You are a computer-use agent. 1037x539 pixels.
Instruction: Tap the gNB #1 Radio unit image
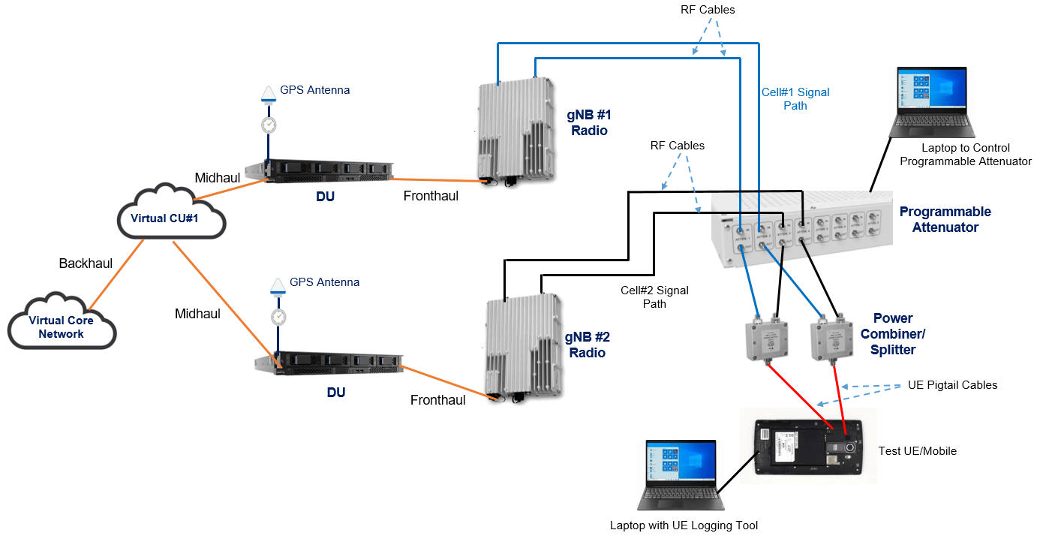[x=515, y=131]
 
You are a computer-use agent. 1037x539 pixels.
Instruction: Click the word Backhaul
[x=86, y=263]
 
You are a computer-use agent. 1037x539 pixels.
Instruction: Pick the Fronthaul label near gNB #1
[x=431, y=196]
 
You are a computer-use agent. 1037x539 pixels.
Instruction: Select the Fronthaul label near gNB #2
[x=437, y=400]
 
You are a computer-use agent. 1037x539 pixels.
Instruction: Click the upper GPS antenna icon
[x=268, y=94]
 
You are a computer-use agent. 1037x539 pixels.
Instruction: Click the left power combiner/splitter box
[x=768, y=339]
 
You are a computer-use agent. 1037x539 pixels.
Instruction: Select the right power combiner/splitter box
[x=832, y=339]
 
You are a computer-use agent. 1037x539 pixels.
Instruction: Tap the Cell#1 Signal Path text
[x=795, y=99]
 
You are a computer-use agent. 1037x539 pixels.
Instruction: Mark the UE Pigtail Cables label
[x=952, y=385]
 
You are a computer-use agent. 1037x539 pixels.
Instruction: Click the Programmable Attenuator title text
[x=945, y=219]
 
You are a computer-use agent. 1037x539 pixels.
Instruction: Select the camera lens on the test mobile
[x=850, y=448]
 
